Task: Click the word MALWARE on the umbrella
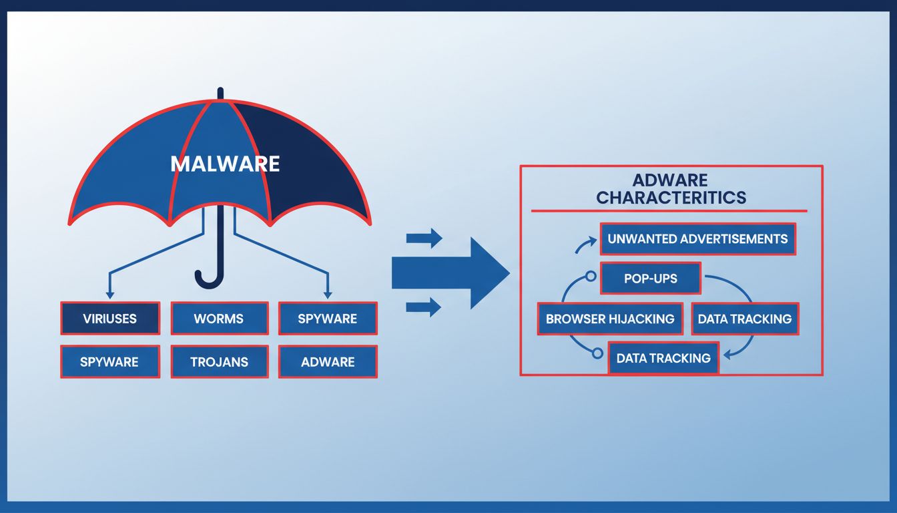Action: (225, 164)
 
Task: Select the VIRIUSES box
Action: (110, 318)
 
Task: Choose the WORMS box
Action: (219, 318)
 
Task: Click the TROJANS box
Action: (219, 361)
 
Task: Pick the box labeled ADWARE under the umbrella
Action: (328, 361)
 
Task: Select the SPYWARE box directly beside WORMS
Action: (328, 318)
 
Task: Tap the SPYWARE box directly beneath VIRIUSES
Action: (110, 361)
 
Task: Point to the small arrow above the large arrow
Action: (424, 238)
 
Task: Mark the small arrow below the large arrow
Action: (424, 307)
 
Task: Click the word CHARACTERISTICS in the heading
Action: (671, 198)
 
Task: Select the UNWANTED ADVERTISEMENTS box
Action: (697, 239)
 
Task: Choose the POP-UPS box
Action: (650, 278)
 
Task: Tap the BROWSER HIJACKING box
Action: (610, 319)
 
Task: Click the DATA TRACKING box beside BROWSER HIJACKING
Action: (745, 319)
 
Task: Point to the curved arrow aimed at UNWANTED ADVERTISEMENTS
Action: (583, 246)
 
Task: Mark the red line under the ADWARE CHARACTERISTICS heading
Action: (669, 211)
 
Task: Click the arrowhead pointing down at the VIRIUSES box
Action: (110, 295)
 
